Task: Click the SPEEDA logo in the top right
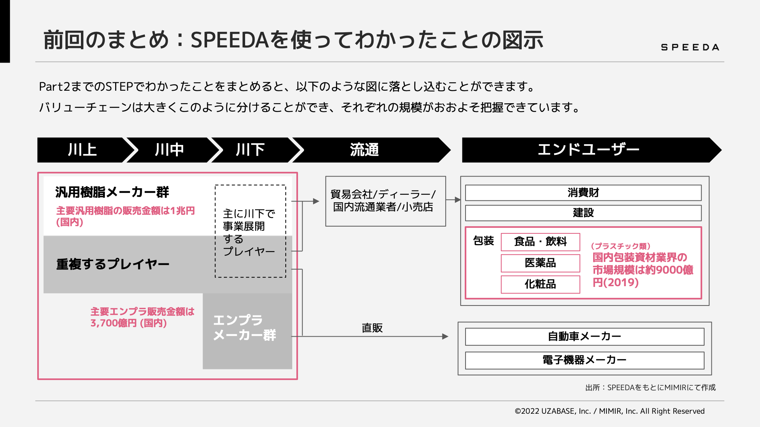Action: (690, 47)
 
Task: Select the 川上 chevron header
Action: (82, 150)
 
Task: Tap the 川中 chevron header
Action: (169, 150)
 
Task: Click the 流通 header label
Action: (364, 150)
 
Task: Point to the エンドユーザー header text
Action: (589, 150)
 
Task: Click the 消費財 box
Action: (583, 193)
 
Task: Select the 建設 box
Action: (583, 213)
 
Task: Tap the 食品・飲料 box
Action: (540, 242)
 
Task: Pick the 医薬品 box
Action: (540, 263)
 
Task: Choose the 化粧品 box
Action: (540, 284)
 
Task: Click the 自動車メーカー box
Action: (584, 337)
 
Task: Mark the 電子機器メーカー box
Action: (584, 360)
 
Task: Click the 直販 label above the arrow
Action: (372, 328)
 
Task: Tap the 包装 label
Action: (483, 241)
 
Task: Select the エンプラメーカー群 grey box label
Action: (245, 327)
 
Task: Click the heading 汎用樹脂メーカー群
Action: (112, 192)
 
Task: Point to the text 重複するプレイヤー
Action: (112, 264)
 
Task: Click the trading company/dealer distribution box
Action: (385, 201)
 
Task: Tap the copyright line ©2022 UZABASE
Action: (610, 411)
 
